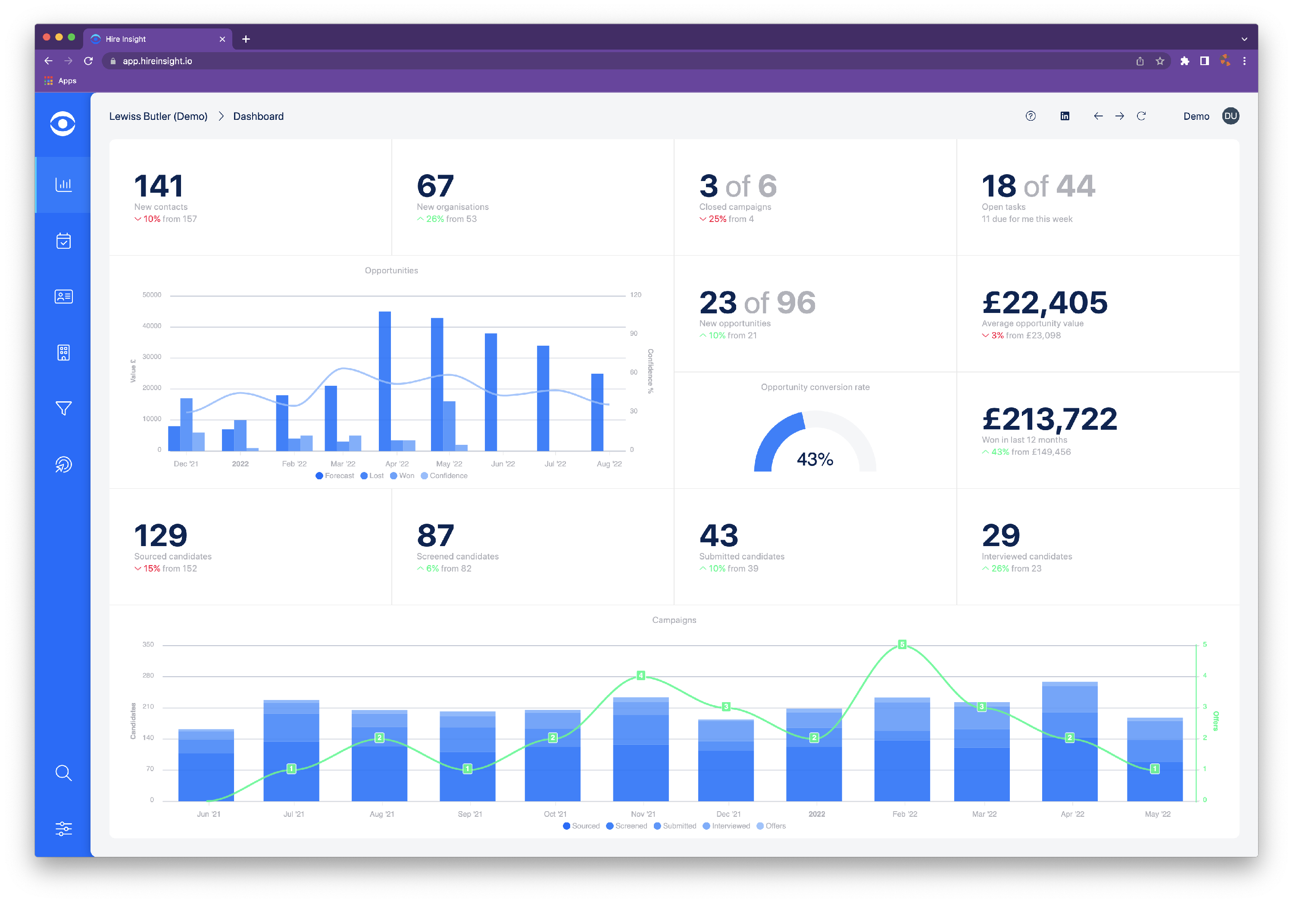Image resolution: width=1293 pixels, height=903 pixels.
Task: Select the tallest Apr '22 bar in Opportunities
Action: click(x=384, y=381)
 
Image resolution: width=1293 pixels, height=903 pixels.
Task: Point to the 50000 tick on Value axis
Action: click(x=151, y=295)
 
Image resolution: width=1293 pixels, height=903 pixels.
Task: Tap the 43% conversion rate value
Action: click(x=814, y=459)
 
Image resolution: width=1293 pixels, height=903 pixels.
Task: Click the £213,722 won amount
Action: click(x=1049, y=419)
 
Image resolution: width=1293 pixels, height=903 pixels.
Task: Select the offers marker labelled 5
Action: click(x=902, y=644)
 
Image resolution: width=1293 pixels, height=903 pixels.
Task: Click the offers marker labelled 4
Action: click(x=640, y=675)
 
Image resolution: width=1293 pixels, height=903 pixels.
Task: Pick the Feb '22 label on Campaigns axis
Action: click(x=904, y=814)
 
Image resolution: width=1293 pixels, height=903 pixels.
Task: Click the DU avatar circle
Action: click(x=1230, y=116)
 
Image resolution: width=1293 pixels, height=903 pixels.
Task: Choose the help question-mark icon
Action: click(x=1030, y=116)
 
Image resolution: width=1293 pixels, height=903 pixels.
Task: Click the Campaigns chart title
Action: click(x=674, y=620)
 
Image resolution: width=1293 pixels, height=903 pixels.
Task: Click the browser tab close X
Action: click(x=222, y=39)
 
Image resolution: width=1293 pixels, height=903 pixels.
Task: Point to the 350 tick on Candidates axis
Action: click(x=148, y=644)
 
